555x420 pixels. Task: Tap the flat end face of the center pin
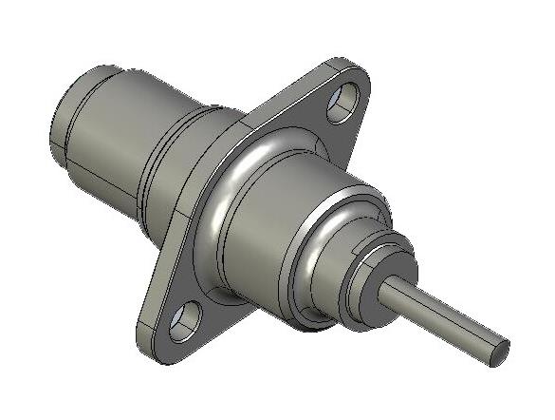[x=496, y=353]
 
